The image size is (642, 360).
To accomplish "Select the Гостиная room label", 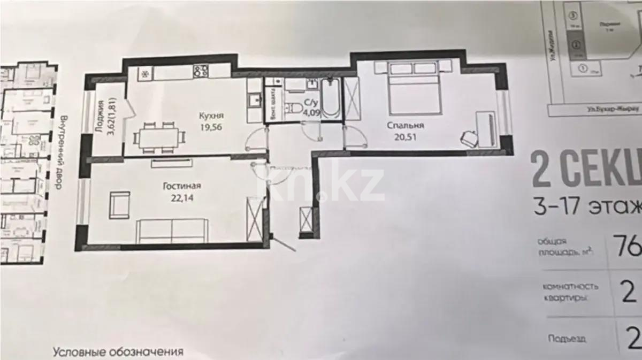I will pos(182,186).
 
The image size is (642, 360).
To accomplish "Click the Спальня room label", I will pos(406,126).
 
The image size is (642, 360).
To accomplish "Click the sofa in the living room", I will pos(171,230).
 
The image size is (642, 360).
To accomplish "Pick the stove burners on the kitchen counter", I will pos(201,70).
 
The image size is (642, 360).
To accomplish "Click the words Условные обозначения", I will pos(118,353).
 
